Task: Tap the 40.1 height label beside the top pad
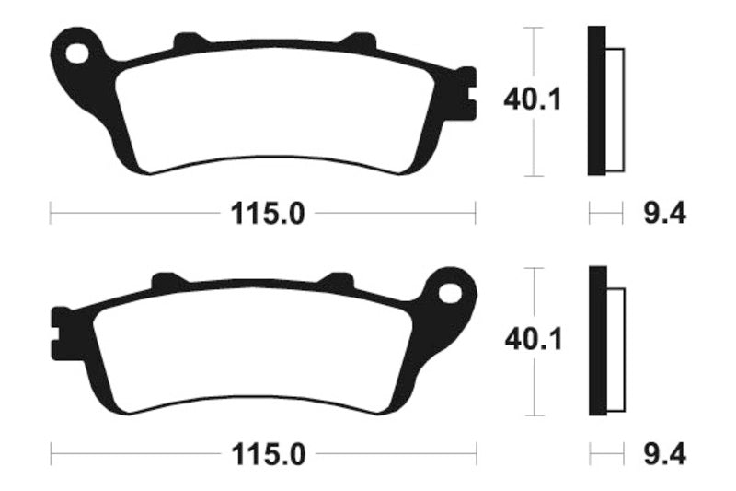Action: pos(532,99)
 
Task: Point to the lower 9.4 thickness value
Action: pos(662,455)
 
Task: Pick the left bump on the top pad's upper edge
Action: pos(188,41)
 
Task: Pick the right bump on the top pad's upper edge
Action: pos(356,41)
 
